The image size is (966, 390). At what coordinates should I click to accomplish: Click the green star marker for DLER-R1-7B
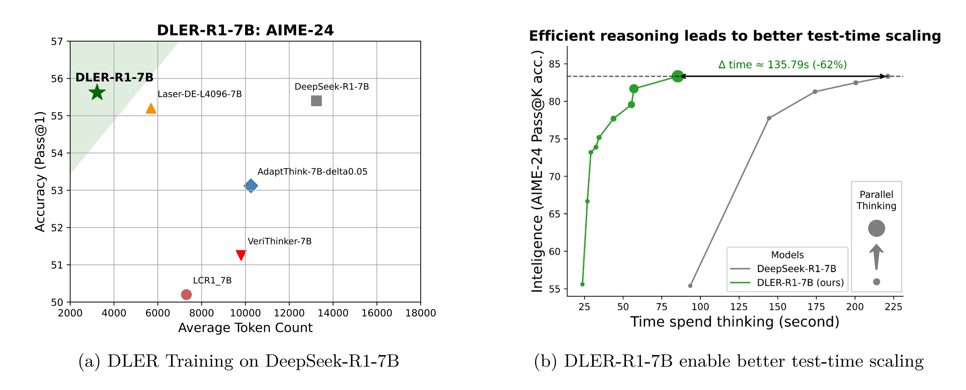[x=97, y=92]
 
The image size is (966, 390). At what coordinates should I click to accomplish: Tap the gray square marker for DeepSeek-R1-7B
[x=316, y=101]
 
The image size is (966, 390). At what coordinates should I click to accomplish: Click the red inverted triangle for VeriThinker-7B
[x=241, y=255]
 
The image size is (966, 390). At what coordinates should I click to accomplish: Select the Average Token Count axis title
[x=245, y=328]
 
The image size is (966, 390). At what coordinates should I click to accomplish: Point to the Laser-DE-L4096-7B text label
[x=200, y=94]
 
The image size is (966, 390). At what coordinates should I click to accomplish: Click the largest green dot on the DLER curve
[x=677, y=76]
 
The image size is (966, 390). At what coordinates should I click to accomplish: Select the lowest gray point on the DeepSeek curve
[x=690, y=286]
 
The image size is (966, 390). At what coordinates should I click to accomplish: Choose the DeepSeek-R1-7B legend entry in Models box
[x=796, y=269]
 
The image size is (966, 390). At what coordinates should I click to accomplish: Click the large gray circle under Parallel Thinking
[x=876, y=228]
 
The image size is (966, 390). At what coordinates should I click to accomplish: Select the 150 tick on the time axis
[x=777, y=307]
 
